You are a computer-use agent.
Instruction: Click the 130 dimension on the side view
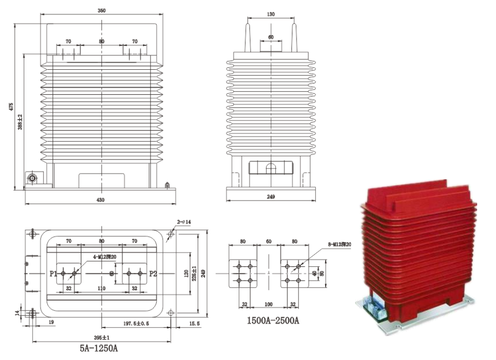pyautogui.click(x=270, y=15)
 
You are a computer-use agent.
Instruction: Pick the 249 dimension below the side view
pyautogui.click(x=270, y=197)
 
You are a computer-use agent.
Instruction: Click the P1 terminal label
pyautogui.click(x=53, y=273)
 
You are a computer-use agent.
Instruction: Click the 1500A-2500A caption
pyautogui.click(x=271, y=322)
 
